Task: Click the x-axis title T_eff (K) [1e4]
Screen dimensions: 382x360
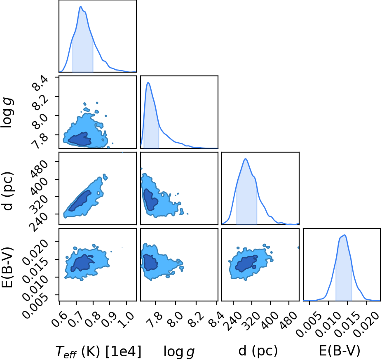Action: (98, 352)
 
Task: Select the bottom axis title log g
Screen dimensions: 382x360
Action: (179, 352)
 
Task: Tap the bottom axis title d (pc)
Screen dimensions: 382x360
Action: (258, 351)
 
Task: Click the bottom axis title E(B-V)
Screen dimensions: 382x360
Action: (340, 351)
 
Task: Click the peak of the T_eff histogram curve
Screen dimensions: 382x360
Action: (80, 6)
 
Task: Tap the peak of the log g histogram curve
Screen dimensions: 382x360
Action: (148, 82)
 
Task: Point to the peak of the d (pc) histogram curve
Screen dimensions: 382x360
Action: (246, 159)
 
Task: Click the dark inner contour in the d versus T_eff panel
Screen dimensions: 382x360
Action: (80, 201)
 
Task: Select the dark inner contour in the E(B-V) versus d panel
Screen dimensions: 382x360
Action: (246, 263)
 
